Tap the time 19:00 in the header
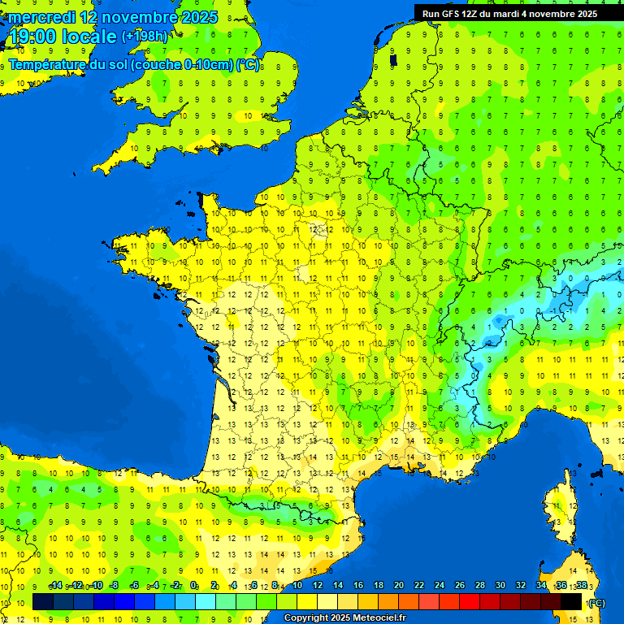click(x=33, y=37)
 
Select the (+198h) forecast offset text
click(x=145, y=37)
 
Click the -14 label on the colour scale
click(x=55, y=586)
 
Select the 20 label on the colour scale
click(x=398, y=586)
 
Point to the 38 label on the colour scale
click(x=581, y=586)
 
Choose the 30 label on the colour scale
click(x=500, y=586)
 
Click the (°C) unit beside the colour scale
click(x=596, y=602)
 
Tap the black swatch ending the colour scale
click(x=571, y=601)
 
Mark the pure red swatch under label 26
click(x=470, y=601)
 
